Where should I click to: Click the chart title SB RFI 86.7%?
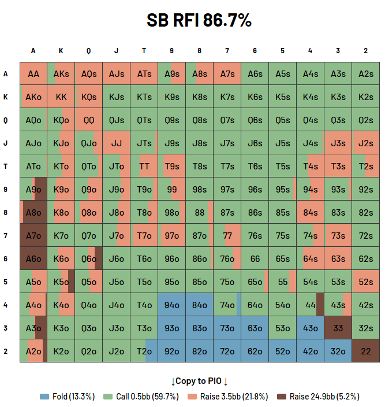click(x=199, y=20)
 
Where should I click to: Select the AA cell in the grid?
click(x=33, y=73)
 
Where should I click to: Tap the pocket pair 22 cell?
click(x=365, y=351)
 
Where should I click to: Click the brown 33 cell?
click(x=338, y=328)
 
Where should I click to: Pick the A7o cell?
click(x=33, y=235)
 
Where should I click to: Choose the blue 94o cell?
click(x=171, y=305)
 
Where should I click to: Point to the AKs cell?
click(x=61, y=73)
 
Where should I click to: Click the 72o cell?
click(x=227, y=351)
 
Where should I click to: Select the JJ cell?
click(x=116, y=143)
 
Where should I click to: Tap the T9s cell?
click(x=171, y=166)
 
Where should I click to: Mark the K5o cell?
click(x=61, y=282)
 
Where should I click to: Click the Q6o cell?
click(x=89, y=258)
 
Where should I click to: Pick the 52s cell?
click(x=365, y=282)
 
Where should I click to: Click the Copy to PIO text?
click(x=199, y=381)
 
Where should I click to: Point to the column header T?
click(x=144, y=51)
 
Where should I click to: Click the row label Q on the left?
click(x=6, y=120)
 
